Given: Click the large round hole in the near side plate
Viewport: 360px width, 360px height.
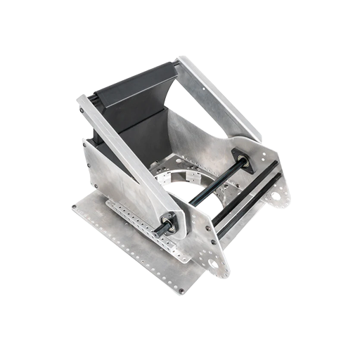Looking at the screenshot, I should (213, 264).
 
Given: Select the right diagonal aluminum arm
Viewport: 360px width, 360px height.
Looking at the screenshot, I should (218, 98).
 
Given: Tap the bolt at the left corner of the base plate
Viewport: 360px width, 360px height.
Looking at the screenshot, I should (75, 207).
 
